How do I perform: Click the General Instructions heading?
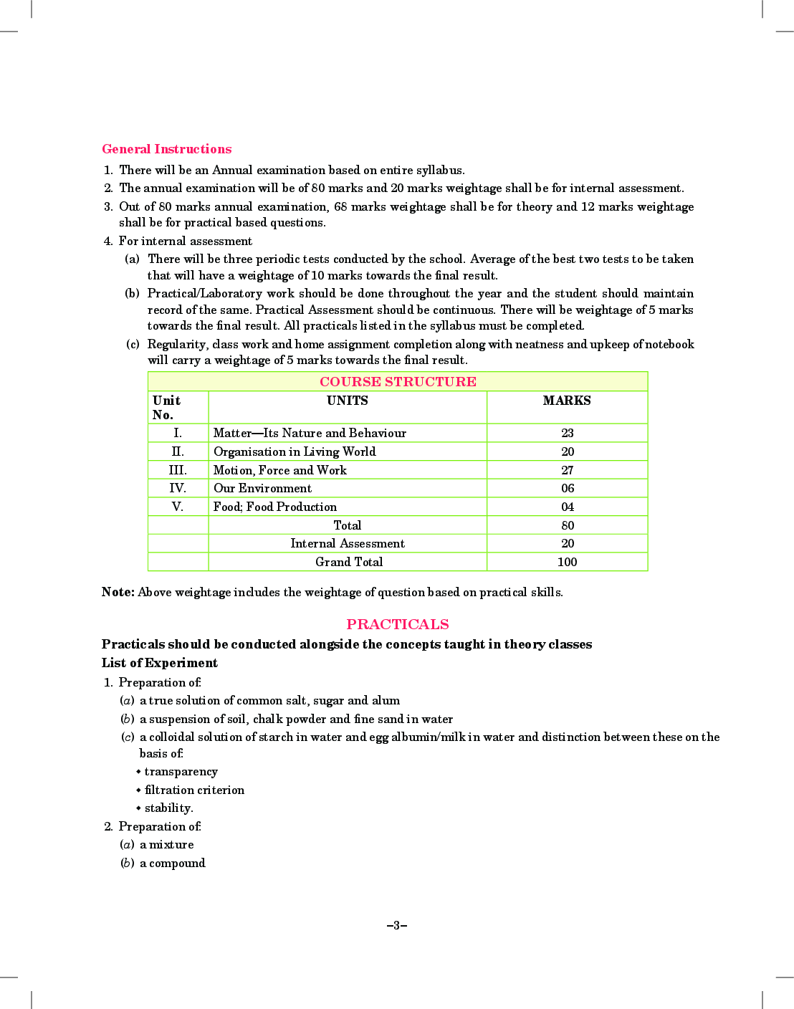tap(166, 149)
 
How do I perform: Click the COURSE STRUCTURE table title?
tap(398, 381)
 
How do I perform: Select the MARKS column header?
tap(567, 401)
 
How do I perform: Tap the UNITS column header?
tap(348, 401)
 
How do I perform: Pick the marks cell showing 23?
tap(568, 433)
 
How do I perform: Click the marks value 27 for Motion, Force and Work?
tap(568, 470)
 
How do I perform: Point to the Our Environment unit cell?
tap(262, 488)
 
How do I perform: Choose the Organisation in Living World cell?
tap(295, 451)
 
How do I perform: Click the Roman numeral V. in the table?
tap(178, 507)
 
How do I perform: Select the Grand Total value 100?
tap(567, 562)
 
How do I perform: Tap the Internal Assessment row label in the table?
tap(348, 543)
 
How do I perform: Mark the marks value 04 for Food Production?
tap(568, 507)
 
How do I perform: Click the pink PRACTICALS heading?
tap(398, 624)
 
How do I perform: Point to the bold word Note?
tap(118, 592)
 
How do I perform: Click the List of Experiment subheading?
tap(160, 663)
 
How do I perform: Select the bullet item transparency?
tap(181, 771)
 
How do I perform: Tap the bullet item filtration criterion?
tap(194, 790)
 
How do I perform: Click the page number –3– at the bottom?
tap(396, 925)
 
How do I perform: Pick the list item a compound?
tap(172, 863)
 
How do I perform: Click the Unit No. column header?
tap(166, 407)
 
